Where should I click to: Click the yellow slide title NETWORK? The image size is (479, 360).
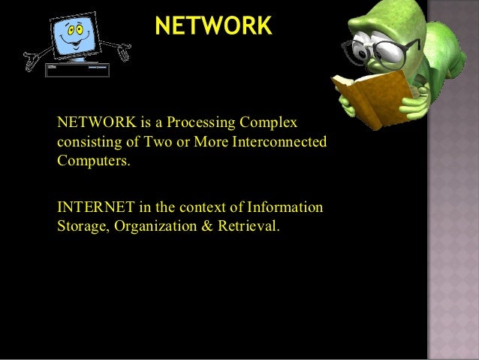(213, 26)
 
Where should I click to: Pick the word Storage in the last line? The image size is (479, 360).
(82, 225)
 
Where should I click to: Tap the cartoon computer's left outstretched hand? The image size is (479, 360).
(32, 56)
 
